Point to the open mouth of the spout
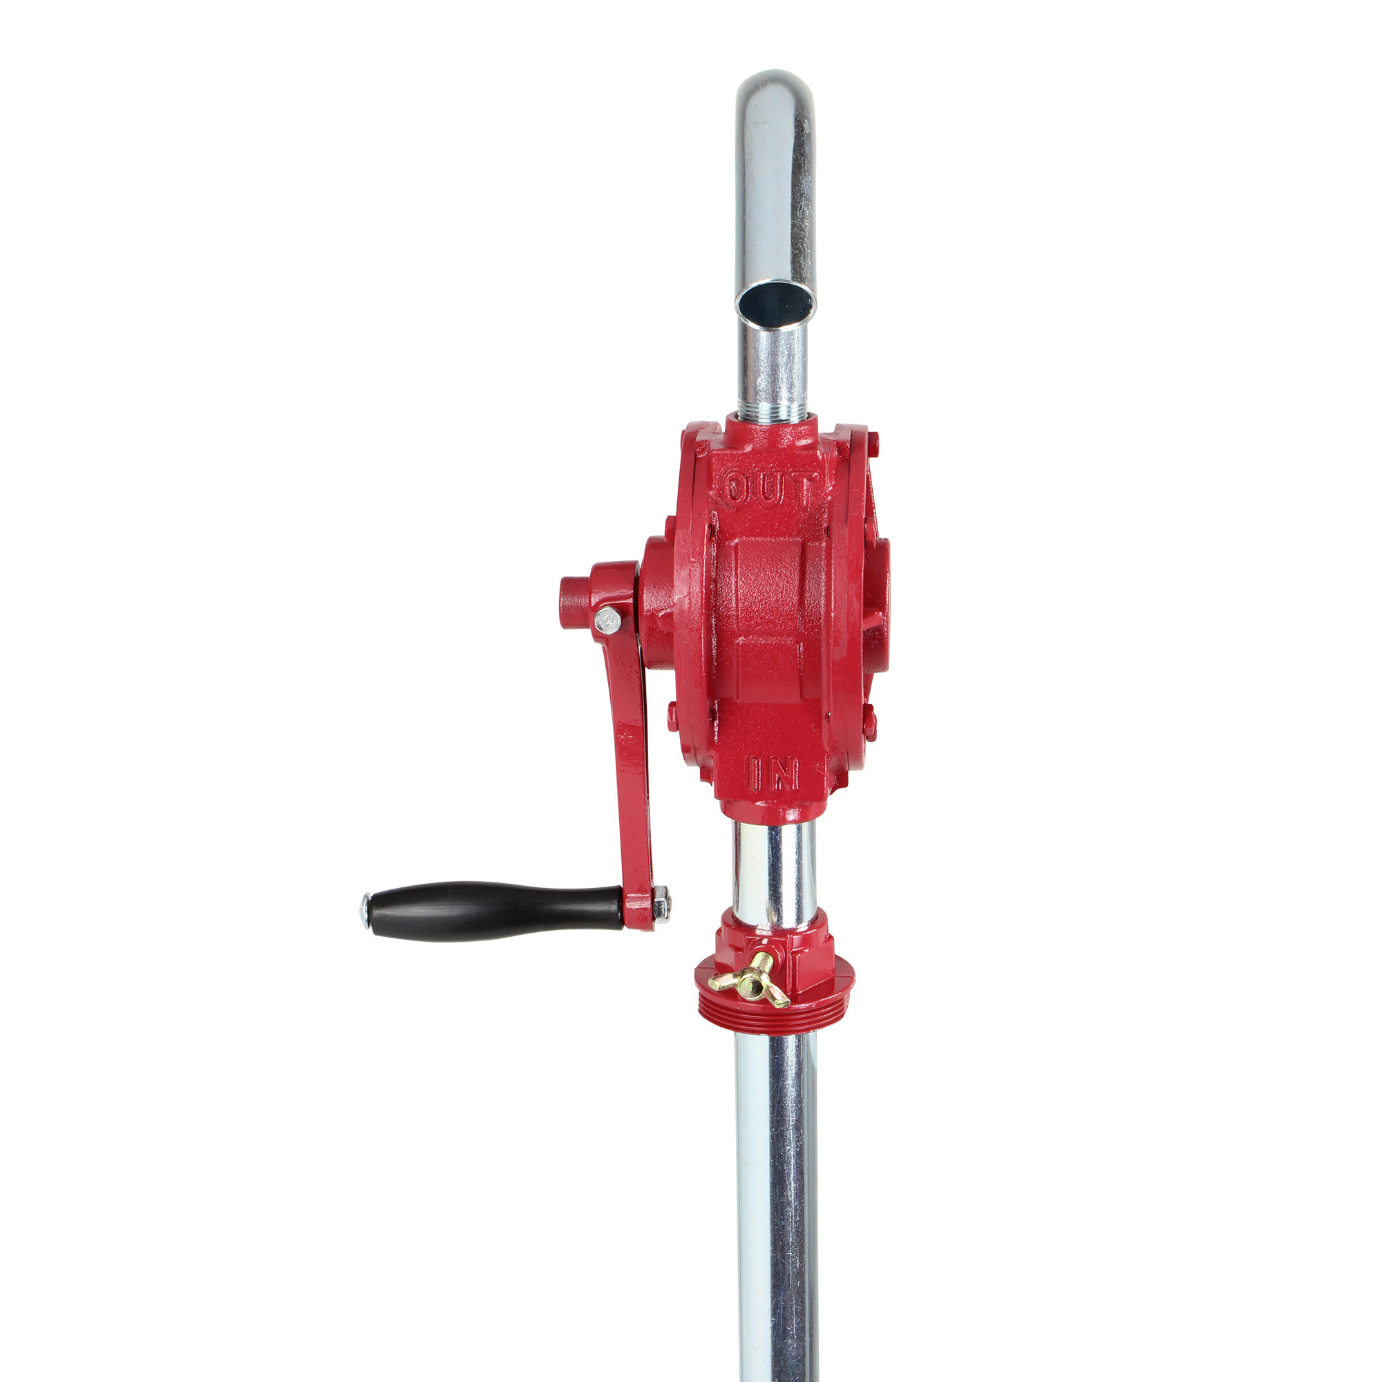[x=776, y=303]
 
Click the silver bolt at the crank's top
[x=607, y=619]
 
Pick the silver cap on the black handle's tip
[x=366, y=910]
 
